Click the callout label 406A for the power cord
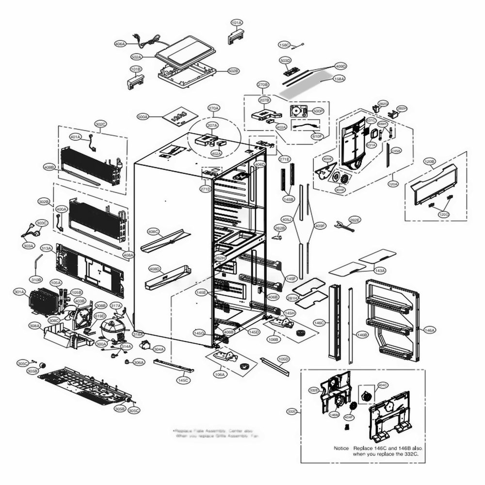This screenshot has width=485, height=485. click(120, 44)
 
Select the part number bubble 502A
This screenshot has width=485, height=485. click(136, 57)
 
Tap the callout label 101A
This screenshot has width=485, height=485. click(237, 23)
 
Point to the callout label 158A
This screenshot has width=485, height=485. click(339, 79)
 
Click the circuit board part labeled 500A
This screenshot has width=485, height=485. click(179, 117)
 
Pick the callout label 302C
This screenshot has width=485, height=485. click(100, 124)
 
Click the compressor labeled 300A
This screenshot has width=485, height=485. click(111, 329)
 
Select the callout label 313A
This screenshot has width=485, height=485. click(46, 248)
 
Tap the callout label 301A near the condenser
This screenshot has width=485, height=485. click(19, 291)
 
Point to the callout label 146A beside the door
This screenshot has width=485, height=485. click(430, 330)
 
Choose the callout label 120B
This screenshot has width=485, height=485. click(430, 161)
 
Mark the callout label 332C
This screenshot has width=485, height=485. click(292, 411)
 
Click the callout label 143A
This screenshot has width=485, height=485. click(380, 270)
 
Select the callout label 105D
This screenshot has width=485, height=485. click(283, 359)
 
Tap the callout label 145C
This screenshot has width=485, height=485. click(183, 380)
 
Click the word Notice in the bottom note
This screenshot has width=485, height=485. click(341, 448)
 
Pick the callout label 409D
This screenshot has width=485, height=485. click(341, 66)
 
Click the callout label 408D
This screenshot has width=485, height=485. click(155, 268)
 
